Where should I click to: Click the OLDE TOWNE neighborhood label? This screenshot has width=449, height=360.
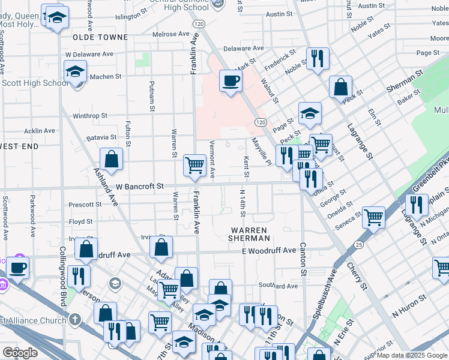tap(100, 37)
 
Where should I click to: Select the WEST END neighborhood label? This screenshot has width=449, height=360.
tap(19, 146)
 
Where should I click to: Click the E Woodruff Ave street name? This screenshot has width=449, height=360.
tap(269, 251)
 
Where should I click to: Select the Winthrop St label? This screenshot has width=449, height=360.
tap(90, 115)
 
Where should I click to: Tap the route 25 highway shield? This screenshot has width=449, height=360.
tap(359, 245)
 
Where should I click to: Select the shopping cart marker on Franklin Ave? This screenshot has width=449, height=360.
tap(194, 164)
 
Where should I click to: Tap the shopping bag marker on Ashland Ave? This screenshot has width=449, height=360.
tap(112, 159)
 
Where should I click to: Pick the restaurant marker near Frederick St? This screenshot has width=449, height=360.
tap(318, 58)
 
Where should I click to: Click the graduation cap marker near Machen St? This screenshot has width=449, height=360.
tap(76, 72)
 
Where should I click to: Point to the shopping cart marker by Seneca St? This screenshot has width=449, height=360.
tap(374, 217)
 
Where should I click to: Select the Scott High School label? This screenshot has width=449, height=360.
tap(34, 83)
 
